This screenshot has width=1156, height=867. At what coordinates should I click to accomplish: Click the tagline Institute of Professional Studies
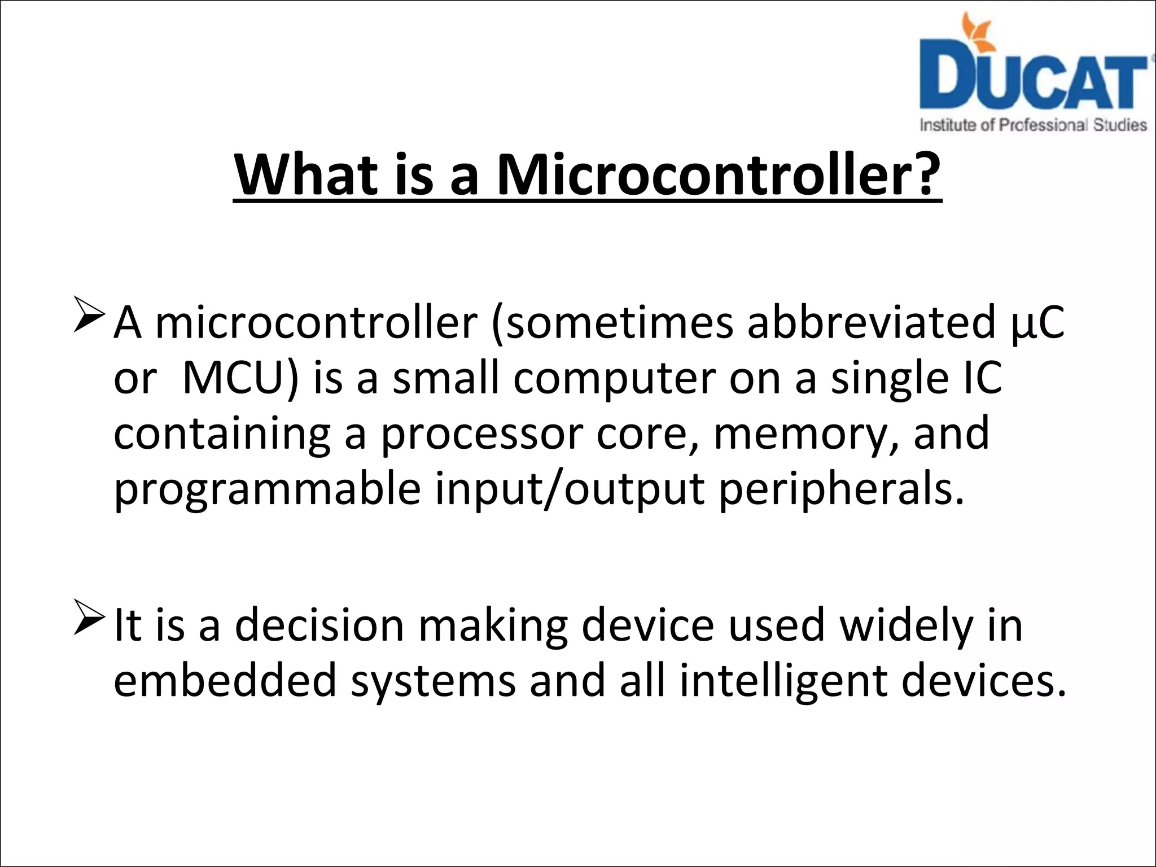point(1033,125)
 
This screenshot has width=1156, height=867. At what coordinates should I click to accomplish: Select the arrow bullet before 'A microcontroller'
point(89,317)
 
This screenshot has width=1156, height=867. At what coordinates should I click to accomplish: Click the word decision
point(319,625)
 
